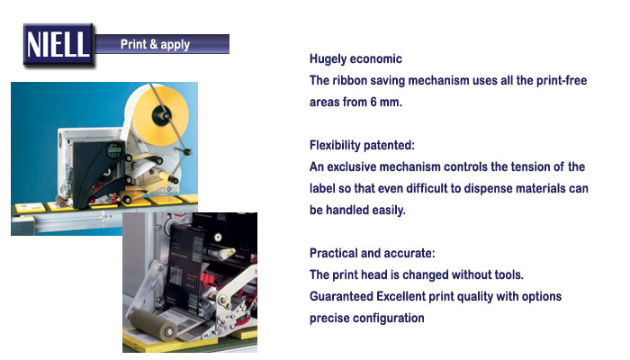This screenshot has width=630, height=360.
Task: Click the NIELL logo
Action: tap(58, 44)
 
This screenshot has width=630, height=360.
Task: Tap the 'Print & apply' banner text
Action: tap(155, 44)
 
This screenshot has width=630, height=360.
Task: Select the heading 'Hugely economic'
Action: tap(355, 59)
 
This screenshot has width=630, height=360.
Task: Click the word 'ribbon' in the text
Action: tap(349, 80)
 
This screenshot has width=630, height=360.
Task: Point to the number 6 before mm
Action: tap(373, 102)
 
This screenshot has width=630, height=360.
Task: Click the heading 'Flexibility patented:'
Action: tap(362, 145)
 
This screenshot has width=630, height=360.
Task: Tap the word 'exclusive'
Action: tap(352, 166)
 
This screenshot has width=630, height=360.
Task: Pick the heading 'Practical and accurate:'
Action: tap(372, 253)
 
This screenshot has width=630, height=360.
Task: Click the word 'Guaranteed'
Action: tap(341, 296)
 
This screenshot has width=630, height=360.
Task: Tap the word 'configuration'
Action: tap(389, 319)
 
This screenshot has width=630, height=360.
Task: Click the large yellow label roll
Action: tap(162, 116)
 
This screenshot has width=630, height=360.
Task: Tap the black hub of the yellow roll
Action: tap(161, 114)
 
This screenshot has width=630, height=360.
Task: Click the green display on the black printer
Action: tap(114, 150)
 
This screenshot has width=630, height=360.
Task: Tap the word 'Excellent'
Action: tap(400, 296)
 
